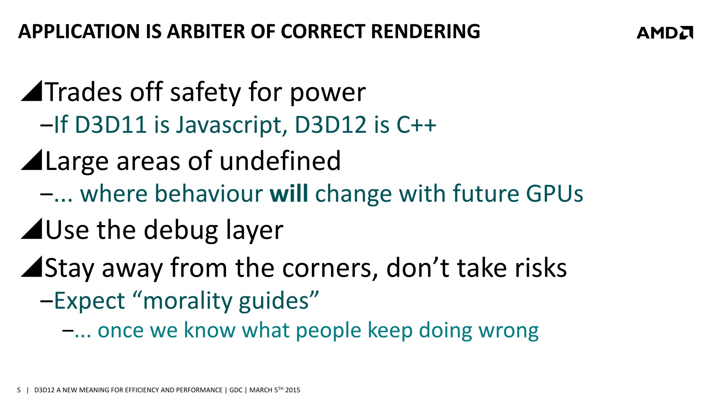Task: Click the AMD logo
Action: click(x=665, y=33)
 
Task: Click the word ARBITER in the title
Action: click(x=206, y=31)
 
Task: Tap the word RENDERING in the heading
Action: click(x=425, y=31)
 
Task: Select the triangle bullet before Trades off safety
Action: click(x=31, y=91)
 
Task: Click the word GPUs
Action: click(x=554, y=194)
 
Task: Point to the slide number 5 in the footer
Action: click(x=19, y=390)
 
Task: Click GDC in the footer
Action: click(x=236, y=390)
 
